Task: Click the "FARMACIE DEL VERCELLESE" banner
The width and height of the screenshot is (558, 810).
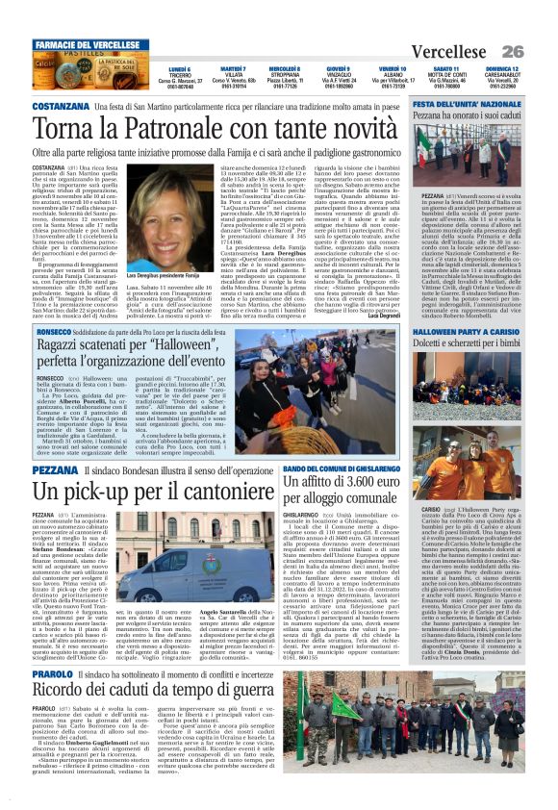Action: [x=88, y=46]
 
